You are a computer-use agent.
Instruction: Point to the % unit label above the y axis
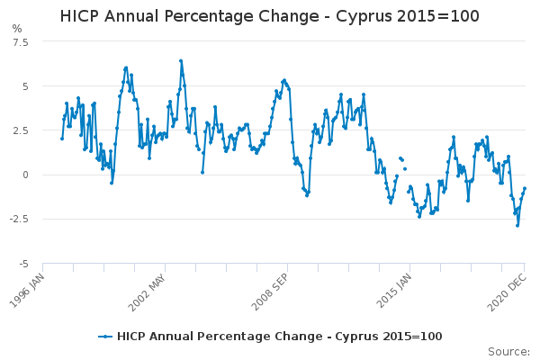[x=17, y=29]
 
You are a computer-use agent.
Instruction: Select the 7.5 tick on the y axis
[x=20, y=42]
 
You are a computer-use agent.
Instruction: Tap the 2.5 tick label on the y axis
[x=20, y=130]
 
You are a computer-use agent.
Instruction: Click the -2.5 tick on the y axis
[x=18, y=219]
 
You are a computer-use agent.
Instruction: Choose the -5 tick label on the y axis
[x=23, y=263]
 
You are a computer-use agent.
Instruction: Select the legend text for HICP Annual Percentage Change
[x=279, y=336]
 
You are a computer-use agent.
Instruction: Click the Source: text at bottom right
[x=509, y=351]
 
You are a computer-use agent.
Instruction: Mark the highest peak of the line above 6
[x=181, y=61]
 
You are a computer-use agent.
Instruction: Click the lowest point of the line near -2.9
[x=517, y=225]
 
